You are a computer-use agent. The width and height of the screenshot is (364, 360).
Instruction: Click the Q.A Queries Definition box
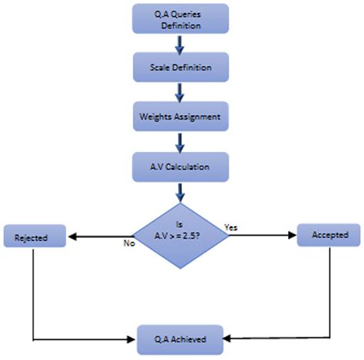[179, 19]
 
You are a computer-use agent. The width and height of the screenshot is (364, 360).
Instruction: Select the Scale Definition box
[179, 68]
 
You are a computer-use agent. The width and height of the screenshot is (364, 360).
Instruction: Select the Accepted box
[329, 234]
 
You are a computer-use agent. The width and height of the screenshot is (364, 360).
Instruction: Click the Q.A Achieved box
[181, 335]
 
